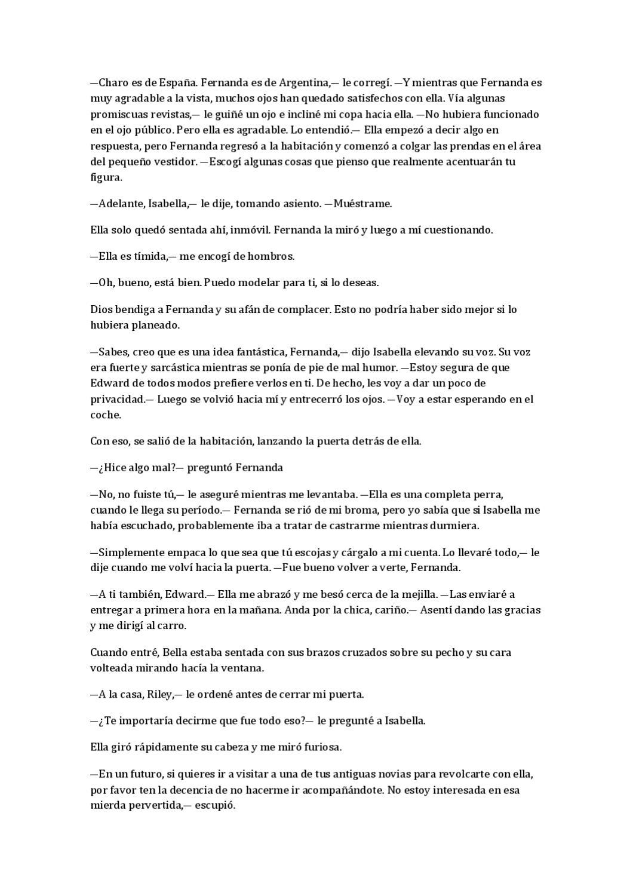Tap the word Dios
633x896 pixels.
(x=101, y=309)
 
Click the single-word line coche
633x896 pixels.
(x=105, y=415)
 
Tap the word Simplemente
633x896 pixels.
(x=130, y=553)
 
